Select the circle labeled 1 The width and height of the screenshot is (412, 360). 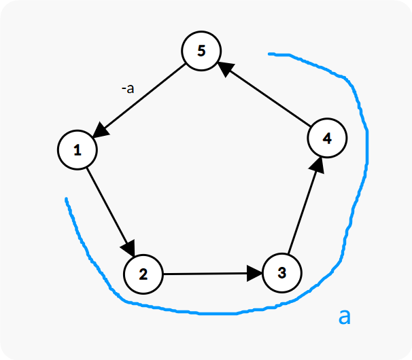click(78, 150)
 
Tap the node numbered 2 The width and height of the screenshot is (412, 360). click(143, 274)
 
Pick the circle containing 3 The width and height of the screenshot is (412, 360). click(281, 274)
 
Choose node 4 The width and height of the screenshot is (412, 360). click(327, 138)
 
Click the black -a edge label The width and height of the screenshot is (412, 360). click(126, 88)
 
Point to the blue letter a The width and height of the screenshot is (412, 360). click(345, 315)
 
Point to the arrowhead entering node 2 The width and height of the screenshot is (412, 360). click(129, 250)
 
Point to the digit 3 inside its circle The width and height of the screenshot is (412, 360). click(281, 274)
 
